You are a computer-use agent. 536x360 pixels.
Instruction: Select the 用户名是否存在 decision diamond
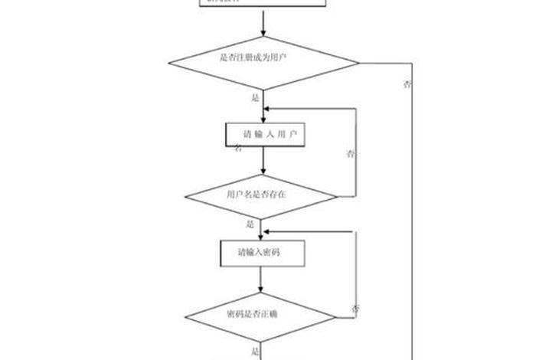coord(261,195)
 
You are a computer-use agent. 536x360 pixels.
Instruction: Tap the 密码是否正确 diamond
coord(261,315)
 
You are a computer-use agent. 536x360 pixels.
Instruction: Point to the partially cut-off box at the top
coord(263,3)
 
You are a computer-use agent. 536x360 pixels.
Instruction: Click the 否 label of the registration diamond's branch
coord(407,84)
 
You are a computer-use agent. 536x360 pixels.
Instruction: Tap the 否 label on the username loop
coord(351,154)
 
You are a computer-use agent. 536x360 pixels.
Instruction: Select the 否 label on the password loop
coord(355,309)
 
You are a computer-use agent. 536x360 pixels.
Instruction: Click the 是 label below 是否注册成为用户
coord(255,99)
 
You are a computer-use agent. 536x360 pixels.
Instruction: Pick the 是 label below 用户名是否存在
coord(250,225)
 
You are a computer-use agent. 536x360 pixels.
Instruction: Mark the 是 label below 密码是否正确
coord(255,352)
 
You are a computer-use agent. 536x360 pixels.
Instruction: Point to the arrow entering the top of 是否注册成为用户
coord(263,23)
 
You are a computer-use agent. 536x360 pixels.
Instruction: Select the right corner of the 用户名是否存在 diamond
coord(336,195)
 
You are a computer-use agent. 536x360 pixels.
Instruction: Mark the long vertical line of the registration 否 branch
coord(413,230)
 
